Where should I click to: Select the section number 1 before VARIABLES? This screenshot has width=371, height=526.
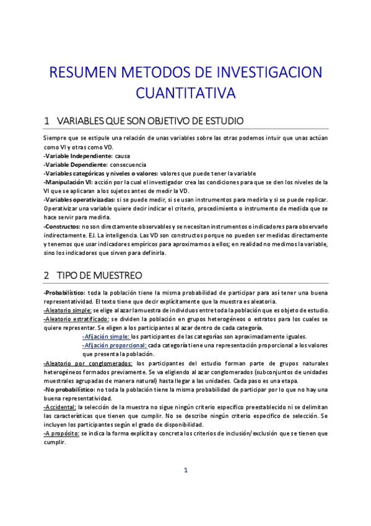46,120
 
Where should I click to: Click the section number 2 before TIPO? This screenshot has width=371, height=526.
46,274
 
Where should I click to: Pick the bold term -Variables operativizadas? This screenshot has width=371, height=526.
79,200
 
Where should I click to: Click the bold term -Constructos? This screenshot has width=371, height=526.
61,226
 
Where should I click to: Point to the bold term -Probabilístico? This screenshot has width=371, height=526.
64,292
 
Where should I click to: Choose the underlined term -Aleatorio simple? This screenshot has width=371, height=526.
68,310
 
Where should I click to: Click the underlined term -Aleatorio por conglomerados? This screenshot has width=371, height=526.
88,363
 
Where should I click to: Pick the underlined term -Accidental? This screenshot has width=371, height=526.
60,406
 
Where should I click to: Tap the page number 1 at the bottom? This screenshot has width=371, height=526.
185,487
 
